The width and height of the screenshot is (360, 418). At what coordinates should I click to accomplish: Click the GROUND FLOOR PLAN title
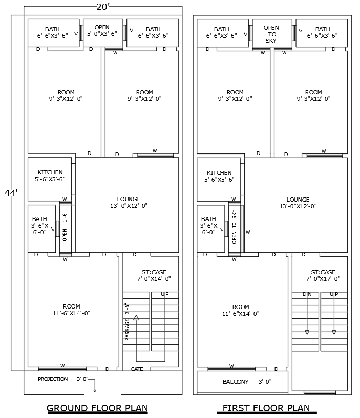tap(97, 408)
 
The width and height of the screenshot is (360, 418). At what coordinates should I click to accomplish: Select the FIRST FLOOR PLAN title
tap(266, 408)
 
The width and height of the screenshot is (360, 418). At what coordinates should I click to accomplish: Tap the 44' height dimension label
tap(11, 193)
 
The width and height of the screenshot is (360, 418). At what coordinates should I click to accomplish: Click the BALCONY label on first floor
tap(236, 382)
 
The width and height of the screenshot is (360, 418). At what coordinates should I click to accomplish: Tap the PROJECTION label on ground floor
tap(53, 379)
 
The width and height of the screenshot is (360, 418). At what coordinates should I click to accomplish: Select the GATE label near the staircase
tap(137, 369)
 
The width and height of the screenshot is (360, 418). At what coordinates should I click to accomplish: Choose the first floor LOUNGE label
tap(298, 203)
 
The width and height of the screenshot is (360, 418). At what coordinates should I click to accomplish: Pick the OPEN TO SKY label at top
tap(271, 34)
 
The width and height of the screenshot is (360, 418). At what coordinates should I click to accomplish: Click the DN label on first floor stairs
tap(307, 294)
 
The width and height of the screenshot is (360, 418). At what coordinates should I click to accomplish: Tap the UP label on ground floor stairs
tap(164, 294)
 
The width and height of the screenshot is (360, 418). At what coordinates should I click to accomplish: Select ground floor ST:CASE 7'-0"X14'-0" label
tap(154, 275)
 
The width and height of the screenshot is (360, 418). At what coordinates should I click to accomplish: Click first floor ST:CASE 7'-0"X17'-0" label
tap(323, 275)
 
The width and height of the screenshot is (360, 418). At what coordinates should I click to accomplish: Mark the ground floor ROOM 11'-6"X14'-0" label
tap(71, 310)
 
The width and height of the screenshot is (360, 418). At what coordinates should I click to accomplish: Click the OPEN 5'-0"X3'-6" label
tap(102, 31)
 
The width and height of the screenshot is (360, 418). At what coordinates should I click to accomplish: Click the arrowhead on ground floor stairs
tap(136, 318)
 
